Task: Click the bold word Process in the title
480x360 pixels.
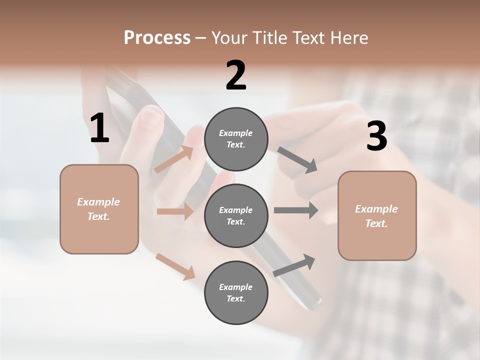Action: [157, 37]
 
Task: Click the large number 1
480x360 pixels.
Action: [99, 128]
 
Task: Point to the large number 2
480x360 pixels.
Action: [236, 75]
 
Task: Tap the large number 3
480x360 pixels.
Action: [376, 136]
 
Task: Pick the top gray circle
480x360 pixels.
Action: [236, 139]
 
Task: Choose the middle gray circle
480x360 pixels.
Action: [236, 215]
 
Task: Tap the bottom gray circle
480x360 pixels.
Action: [236, 292]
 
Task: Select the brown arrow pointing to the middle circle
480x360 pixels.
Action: [175, 211]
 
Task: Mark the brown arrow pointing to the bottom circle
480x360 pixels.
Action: [175, 266]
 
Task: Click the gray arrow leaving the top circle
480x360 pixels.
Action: [297, 160]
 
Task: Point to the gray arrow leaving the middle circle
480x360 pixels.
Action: [296, 210]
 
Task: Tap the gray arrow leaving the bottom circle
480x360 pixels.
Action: [294, 265]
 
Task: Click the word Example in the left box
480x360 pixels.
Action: [98, 202]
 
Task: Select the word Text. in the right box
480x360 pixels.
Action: [376, 223]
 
